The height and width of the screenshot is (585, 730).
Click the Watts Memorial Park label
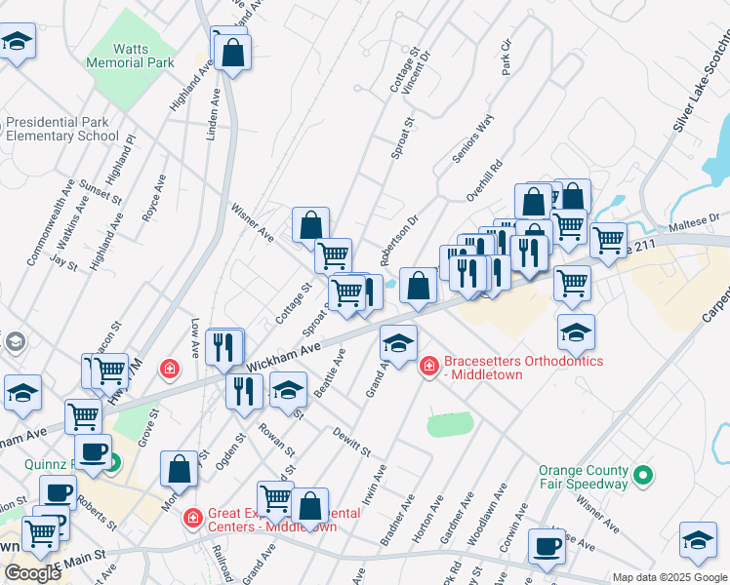click(x=143, y=55)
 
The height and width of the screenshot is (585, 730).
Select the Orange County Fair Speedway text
click(x=584, y=477)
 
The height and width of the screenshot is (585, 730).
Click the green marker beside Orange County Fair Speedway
click(x=642, y=476)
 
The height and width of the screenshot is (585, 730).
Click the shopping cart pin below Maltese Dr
click(x=608, y=240)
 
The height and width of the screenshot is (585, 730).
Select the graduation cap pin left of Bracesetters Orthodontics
click(x=398, y=342)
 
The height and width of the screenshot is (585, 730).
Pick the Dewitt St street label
click(x=351, y=442)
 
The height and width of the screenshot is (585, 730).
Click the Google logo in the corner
click(x=33, y=573)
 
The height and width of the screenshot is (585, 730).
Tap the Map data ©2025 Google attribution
click(x=669, y=577)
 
